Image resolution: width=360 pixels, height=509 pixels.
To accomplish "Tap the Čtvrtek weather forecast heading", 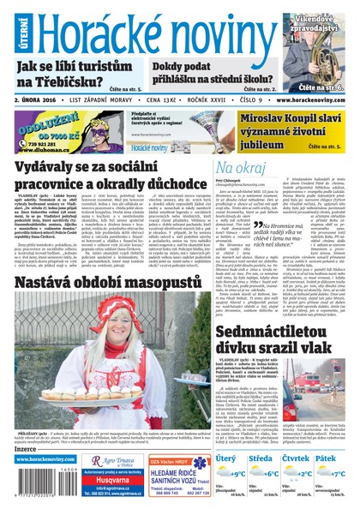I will pyautogui.click(x=297, y=459).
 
